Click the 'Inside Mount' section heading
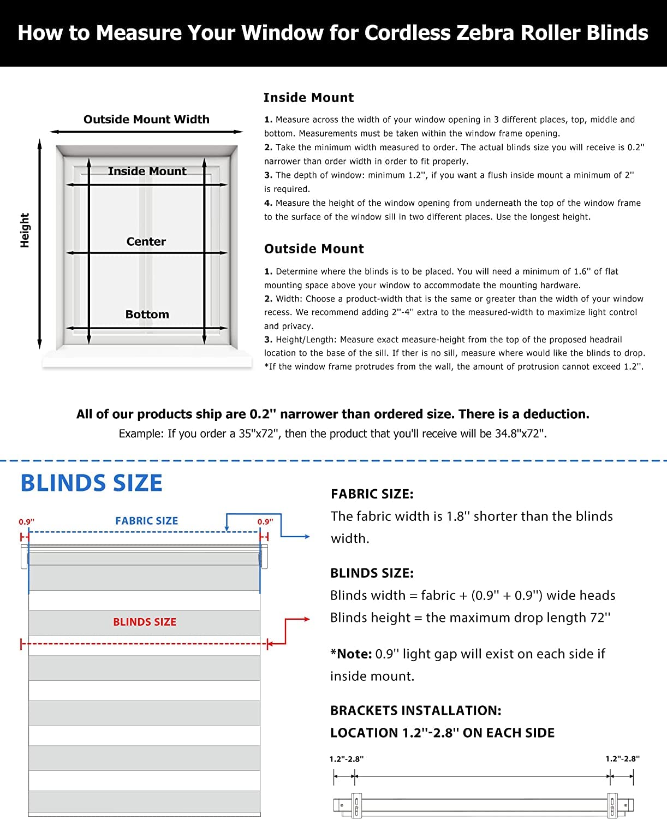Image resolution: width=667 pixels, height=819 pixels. pos(308,98)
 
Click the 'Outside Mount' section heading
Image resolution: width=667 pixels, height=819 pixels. pos(314,249)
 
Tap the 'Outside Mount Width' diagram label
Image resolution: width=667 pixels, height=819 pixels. pos(146,120)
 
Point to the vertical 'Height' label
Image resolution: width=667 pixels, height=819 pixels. pos(25,230)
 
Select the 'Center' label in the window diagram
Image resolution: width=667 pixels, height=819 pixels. pos(146,241)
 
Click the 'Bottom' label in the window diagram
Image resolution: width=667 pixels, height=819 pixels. pos(147,314)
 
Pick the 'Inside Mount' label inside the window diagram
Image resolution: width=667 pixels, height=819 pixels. pos(147,171)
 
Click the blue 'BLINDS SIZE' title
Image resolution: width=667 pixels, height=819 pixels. pos(91,483)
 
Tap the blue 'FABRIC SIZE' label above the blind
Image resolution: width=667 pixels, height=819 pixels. pos(146,521)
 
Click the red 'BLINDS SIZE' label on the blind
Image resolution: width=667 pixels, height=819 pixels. pos(145,622)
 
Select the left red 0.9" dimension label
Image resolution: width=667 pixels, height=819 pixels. pos(26,522)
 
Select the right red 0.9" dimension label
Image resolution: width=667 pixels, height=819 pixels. pos(265,522)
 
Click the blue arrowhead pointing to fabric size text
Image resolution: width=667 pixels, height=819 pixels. pos(307,537)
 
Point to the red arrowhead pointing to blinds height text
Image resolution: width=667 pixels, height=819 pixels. pos(307,619)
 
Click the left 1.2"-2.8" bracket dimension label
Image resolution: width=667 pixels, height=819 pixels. pos(346,759)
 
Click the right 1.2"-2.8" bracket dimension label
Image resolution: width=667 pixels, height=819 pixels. pos(622,759)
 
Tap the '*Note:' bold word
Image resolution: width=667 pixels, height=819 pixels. pos(351,654)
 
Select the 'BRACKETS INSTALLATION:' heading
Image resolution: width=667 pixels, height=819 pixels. pos(415,711)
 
